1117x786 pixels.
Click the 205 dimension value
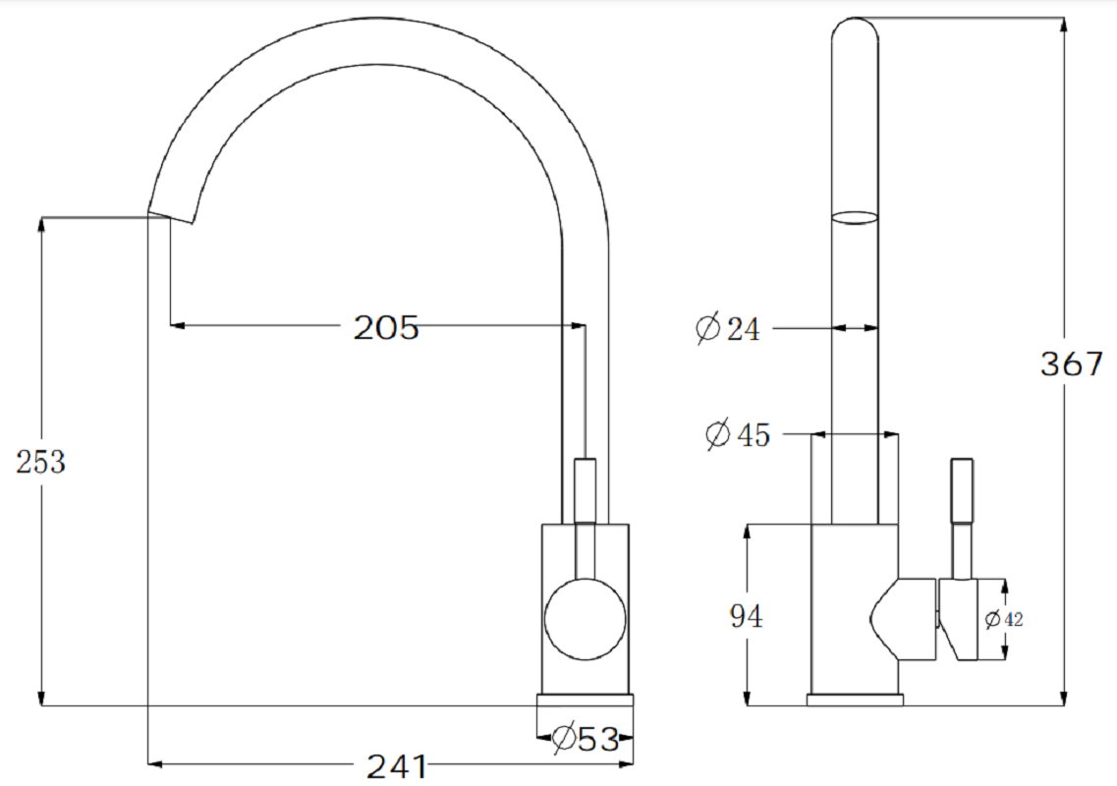386,328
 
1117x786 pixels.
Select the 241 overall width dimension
397,766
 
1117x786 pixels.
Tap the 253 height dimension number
40,462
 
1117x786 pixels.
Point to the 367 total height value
1072,365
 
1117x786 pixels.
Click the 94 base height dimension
746,616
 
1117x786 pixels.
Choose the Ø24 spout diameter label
727,328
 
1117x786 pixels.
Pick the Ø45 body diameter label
738,434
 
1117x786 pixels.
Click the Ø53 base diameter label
586,738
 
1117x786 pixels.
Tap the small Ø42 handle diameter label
1004,619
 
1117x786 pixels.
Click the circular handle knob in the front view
586,619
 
